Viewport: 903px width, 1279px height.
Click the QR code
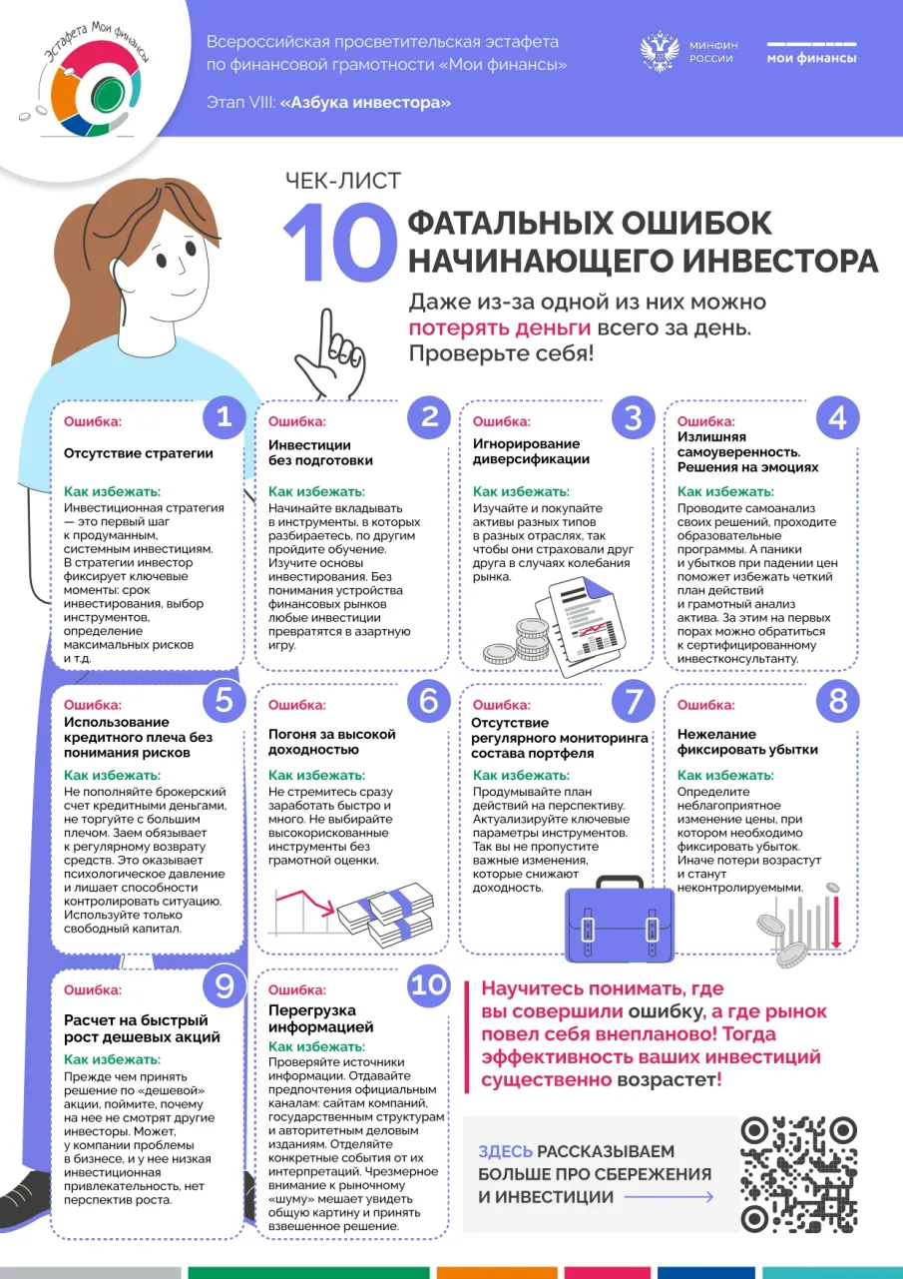pyautogui.click(x=799, y=1173)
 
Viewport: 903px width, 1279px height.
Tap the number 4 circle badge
pyautogui.click(x=836, y=417)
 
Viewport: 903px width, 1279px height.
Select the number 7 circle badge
pyautogui.click(x=633, y=702)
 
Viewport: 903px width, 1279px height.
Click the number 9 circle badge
pyautogui.click(x=224, y=986)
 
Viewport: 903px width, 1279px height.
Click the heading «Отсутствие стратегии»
pyautogui.click(x=139, y=452)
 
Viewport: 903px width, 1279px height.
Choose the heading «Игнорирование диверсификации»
pyautogui.click(x=531, y=451)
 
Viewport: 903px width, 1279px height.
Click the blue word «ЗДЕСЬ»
pyautogui.click(x=505, y=1151)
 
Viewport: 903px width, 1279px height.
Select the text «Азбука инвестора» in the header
pyautogui.click(x=365, y=103)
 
